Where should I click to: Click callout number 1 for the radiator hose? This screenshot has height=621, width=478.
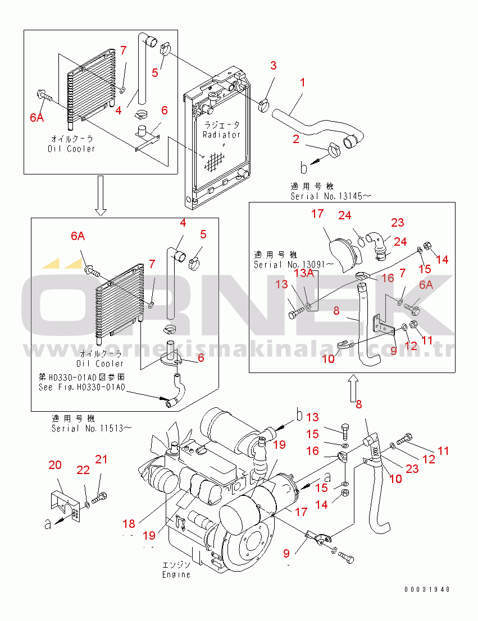click(302, 82)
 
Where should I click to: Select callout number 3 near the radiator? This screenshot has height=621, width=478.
click(273, 66)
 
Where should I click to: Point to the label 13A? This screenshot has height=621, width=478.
click(304, 273)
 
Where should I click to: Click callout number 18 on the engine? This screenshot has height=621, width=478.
click(129, 524)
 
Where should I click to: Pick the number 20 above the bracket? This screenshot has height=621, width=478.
click(54, 464)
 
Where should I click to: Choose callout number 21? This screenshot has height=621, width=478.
click(101, 460)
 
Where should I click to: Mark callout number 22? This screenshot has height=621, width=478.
click(83, 470)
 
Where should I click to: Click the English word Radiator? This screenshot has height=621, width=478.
click(221, 135)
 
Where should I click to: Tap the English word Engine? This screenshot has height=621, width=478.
click(176, 574)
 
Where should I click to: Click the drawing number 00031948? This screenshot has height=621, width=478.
click(427, 590)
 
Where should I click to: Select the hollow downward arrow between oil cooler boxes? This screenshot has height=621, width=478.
click(100, 195)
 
